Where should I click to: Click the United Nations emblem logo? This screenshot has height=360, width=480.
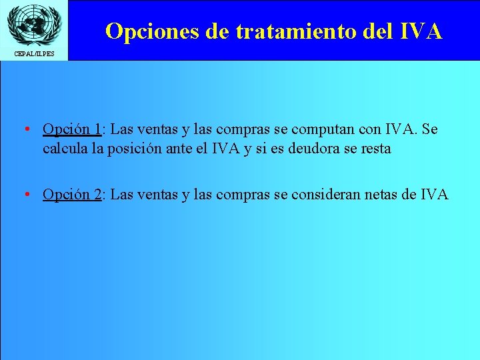pyautogui.click(x=33, y=24)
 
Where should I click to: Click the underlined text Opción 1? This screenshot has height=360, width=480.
pyautogui.click(x=72, y=129)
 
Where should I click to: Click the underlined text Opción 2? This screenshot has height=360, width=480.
pyautogui.click(x=72, y=194)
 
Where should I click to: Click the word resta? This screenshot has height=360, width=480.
pyautogui.click(x=375, y=149)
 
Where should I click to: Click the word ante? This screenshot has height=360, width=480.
pyautogui.click(x=196, y=149)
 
